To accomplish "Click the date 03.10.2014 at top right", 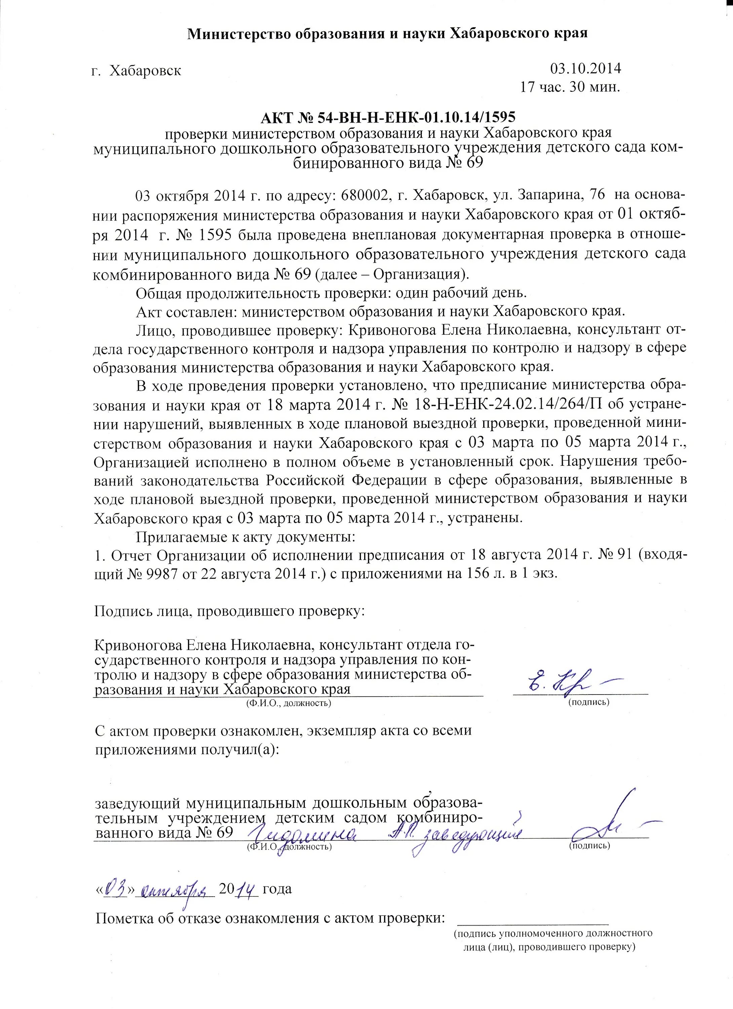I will coord(585,69).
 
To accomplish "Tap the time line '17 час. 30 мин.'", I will coord(570,87).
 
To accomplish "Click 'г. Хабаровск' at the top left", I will coord(136,70).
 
